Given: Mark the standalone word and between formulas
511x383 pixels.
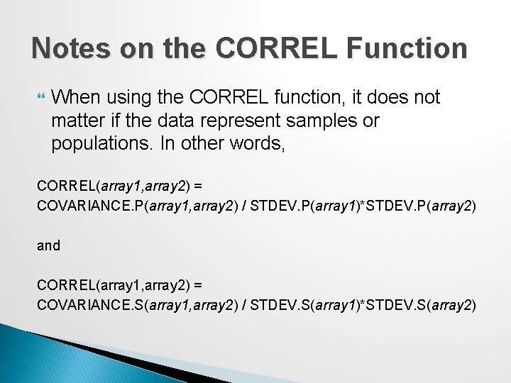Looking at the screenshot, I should tap(49, 245).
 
